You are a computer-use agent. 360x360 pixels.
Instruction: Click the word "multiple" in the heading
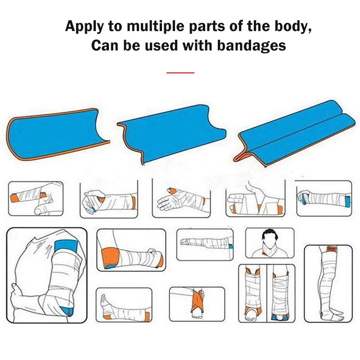[x=156, y=27]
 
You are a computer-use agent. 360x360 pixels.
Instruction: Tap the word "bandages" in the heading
[x=252, y=45]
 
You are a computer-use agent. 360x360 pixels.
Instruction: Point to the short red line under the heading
[x=180, y=73]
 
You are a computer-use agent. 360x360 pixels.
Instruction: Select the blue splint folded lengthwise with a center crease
[x=296, y=133]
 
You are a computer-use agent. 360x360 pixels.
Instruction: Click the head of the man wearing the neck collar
[x=270, y=238]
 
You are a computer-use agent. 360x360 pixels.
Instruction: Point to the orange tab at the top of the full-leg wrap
[x=332, y=249]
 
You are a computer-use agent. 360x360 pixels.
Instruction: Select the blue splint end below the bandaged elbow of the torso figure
[x=67, y=311]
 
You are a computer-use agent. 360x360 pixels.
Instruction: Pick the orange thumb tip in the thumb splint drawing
[x=171, y=190]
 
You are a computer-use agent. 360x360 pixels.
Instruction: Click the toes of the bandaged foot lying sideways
[x=103, y=297]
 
